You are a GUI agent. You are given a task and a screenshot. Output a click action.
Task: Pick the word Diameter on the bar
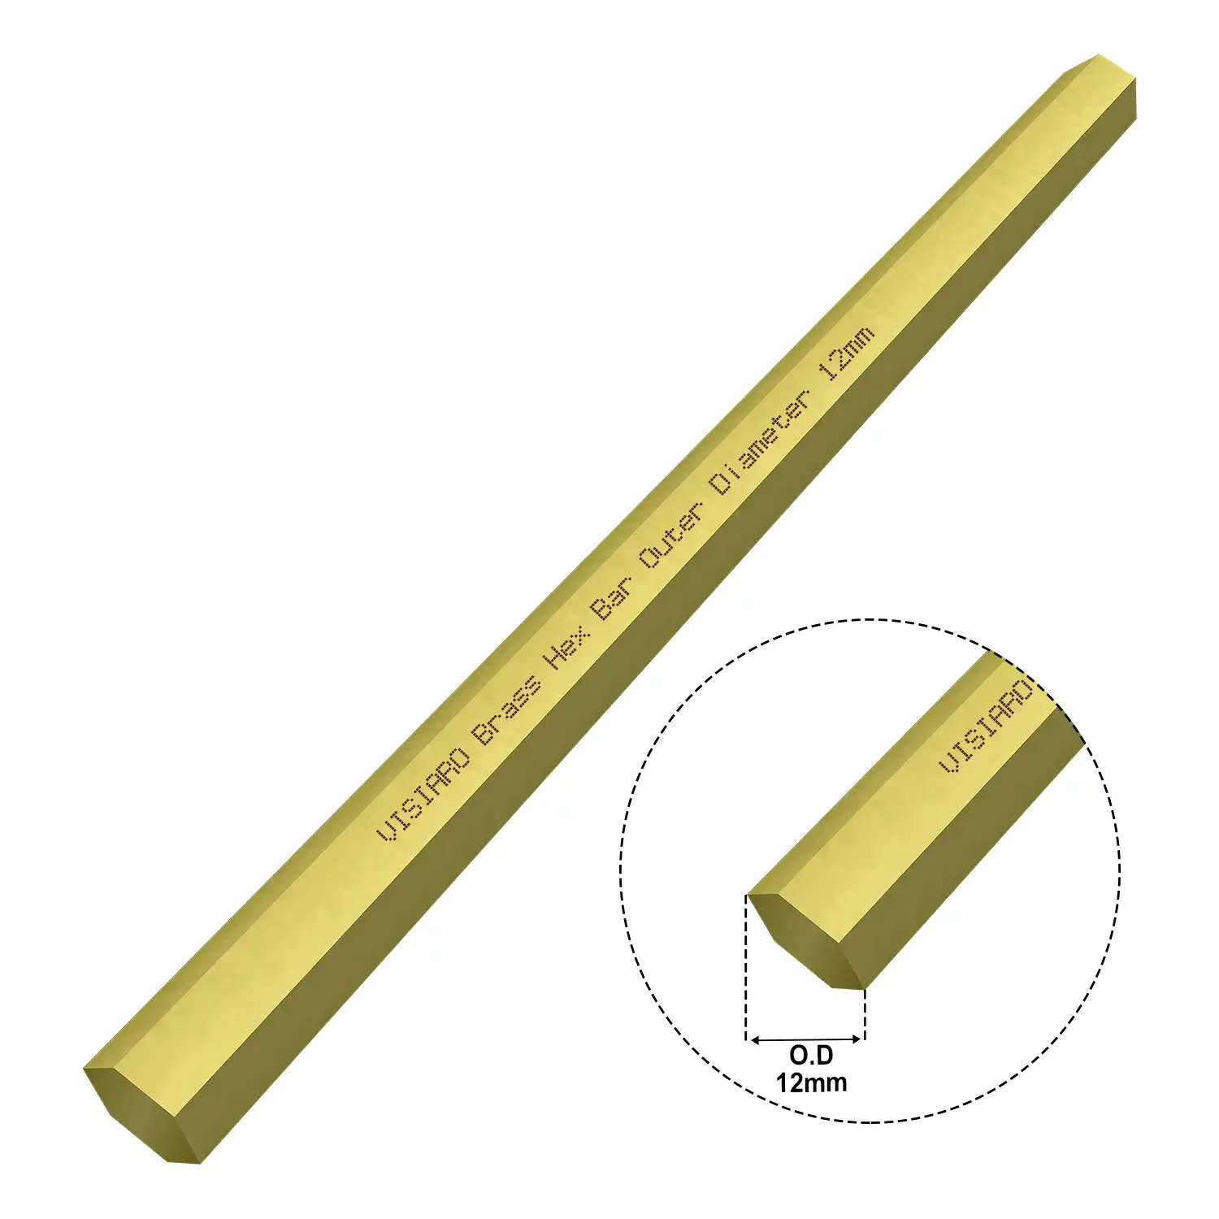[x=761, y=444]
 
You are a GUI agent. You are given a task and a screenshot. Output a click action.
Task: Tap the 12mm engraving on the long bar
[x=847, y=354]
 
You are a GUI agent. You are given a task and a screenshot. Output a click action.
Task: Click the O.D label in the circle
[x=811, y=1055]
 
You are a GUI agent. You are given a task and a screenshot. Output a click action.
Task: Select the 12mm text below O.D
[x=811, y=1082]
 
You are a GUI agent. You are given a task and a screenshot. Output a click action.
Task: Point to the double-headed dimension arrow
[x=805, y=1039]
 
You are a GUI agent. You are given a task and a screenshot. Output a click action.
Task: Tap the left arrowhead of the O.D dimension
[x=753, y=1039]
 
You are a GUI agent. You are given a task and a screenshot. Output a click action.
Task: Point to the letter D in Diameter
[x=720, y=484]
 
